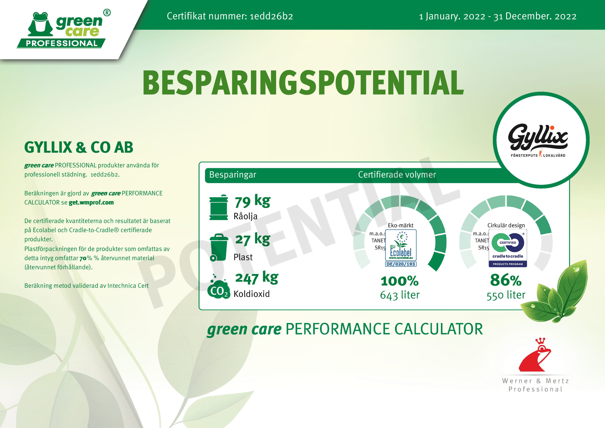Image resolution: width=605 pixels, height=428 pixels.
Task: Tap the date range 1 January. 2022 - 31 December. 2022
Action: [498, 16]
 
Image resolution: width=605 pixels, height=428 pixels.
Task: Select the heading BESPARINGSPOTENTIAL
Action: [303, 83]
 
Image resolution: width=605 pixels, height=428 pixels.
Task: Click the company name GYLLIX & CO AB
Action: [79, 147]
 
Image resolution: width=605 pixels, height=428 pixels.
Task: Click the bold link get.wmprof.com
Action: [91, 202]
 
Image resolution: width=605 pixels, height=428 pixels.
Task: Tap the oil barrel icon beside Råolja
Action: [218, 207]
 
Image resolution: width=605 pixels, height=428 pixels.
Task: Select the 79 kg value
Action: [252, 201]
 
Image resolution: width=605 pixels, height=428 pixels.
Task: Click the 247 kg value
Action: [257, 278]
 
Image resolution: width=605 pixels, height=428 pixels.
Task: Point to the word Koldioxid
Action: [252, 294]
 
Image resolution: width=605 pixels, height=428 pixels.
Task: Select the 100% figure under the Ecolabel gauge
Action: [400, 281]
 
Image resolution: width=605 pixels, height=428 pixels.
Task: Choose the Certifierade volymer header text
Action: [397, 175]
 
